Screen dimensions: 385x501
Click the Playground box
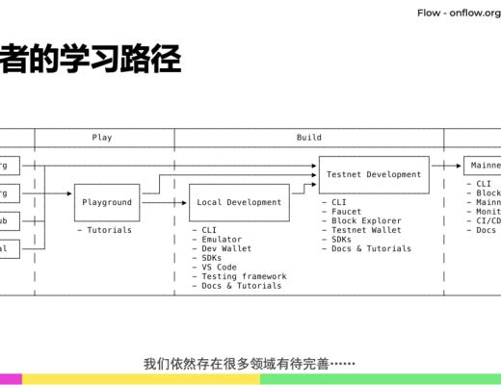pyautogui.click(x=107, y=203)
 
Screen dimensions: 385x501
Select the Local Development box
pyautogui.click(x=239, y=203)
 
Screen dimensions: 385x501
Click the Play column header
pyautogui.click(x=102, y=138)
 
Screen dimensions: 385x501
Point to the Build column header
pyautogui.click(x=308, y=138)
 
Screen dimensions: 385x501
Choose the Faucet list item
pyautogui.click(x=349, y=212)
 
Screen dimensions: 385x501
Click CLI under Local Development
pyautogui.click(x=210, y=231)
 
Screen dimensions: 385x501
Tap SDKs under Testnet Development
pyautogui.click(x=343, y=240)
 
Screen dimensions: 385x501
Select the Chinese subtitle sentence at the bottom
pyautogui.click(x=250, y=364)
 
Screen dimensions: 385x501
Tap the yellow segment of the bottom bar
pyautogui.click(x=141, y=379)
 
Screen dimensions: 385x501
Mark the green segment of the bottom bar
pyautogui.click(x=380, y=379)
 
